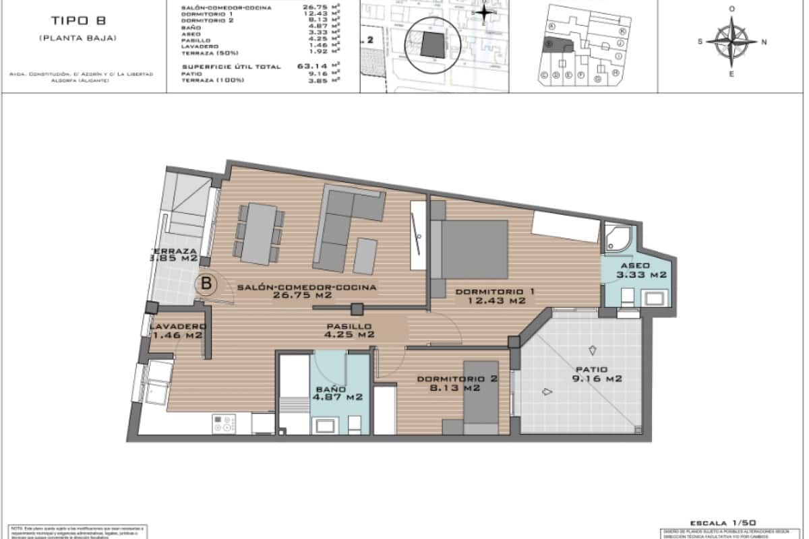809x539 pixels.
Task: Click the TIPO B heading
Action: (78, 20)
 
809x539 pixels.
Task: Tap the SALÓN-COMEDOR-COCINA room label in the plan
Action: (307, 287)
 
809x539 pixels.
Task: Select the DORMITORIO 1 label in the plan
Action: (496, 291)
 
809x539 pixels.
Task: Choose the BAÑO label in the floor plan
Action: (330, 389)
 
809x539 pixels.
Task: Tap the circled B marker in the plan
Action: (206, 284)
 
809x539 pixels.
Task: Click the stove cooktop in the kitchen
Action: (224, 423)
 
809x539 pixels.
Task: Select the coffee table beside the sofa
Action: (365, 256)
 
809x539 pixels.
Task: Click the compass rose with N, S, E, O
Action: (733, 41)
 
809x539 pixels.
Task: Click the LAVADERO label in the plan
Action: (177, 326)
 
